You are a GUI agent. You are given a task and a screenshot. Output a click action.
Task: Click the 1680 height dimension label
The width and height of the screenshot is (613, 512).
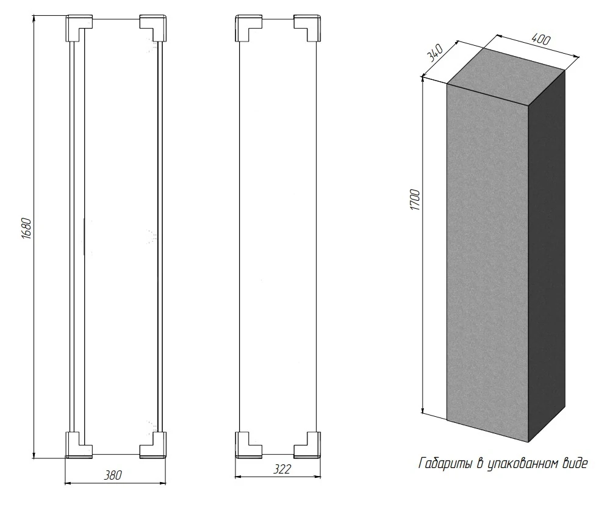pos(26,228)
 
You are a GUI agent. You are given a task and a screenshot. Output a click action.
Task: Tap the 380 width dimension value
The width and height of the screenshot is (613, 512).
pos(113,475)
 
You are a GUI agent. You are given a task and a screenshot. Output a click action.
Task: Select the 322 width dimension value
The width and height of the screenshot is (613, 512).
pos(281,469)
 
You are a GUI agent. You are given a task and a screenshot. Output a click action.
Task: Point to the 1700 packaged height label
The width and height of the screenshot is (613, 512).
pos(415,200)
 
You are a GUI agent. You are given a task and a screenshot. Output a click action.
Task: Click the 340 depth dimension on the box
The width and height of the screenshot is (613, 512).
pos(435,53)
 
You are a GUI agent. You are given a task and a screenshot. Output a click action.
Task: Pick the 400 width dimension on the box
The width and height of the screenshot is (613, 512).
pos(541,39)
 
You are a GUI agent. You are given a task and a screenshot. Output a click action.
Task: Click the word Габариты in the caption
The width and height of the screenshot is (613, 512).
pos(446,464)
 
